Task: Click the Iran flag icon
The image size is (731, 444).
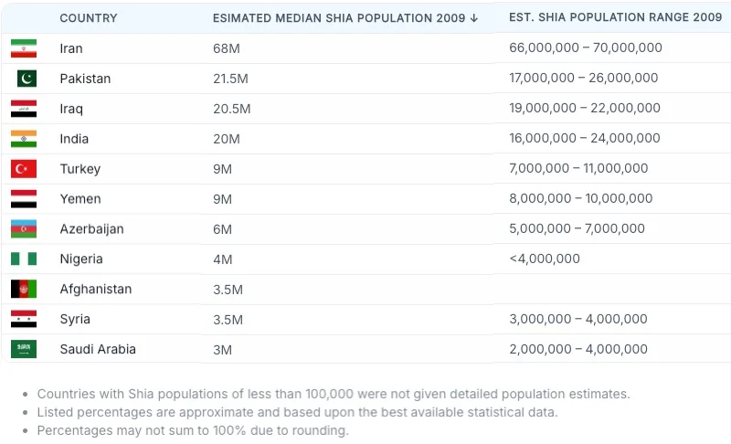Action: click(x=24, y=48)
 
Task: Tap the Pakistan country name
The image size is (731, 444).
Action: click(x=85, y=79)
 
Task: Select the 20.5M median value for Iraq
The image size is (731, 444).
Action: click(x=231, y=109)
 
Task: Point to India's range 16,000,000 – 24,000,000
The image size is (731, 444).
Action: click(x=584, y=139)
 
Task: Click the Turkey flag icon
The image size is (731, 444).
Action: click(x=24, y=169)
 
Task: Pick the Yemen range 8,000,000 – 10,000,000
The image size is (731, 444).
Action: click(x=580, y=199)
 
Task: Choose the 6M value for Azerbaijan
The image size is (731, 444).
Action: click(x=223, y=229)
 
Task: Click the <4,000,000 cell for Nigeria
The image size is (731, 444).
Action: click(x=545, y=259)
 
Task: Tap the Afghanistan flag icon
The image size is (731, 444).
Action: click(x=24, y=290)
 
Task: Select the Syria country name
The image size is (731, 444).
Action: click(x=75, y=320)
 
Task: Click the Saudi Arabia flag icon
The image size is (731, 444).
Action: click(x=24, y=350)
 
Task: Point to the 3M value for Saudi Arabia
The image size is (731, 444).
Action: click(x=223, y=350)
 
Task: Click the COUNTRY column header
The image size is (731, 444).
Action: click(x=90, y=18)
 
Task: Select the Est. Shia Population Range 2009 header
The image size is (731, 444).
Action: click(x=615, y=17)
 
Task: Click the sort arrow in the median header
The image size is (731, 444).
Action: click(x=474, y=18)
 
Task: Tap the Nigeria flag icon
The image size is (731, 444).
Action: click(x=24, y=259)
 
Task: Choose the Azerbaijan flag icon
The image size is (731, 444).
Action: click(x=24, y=229)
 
